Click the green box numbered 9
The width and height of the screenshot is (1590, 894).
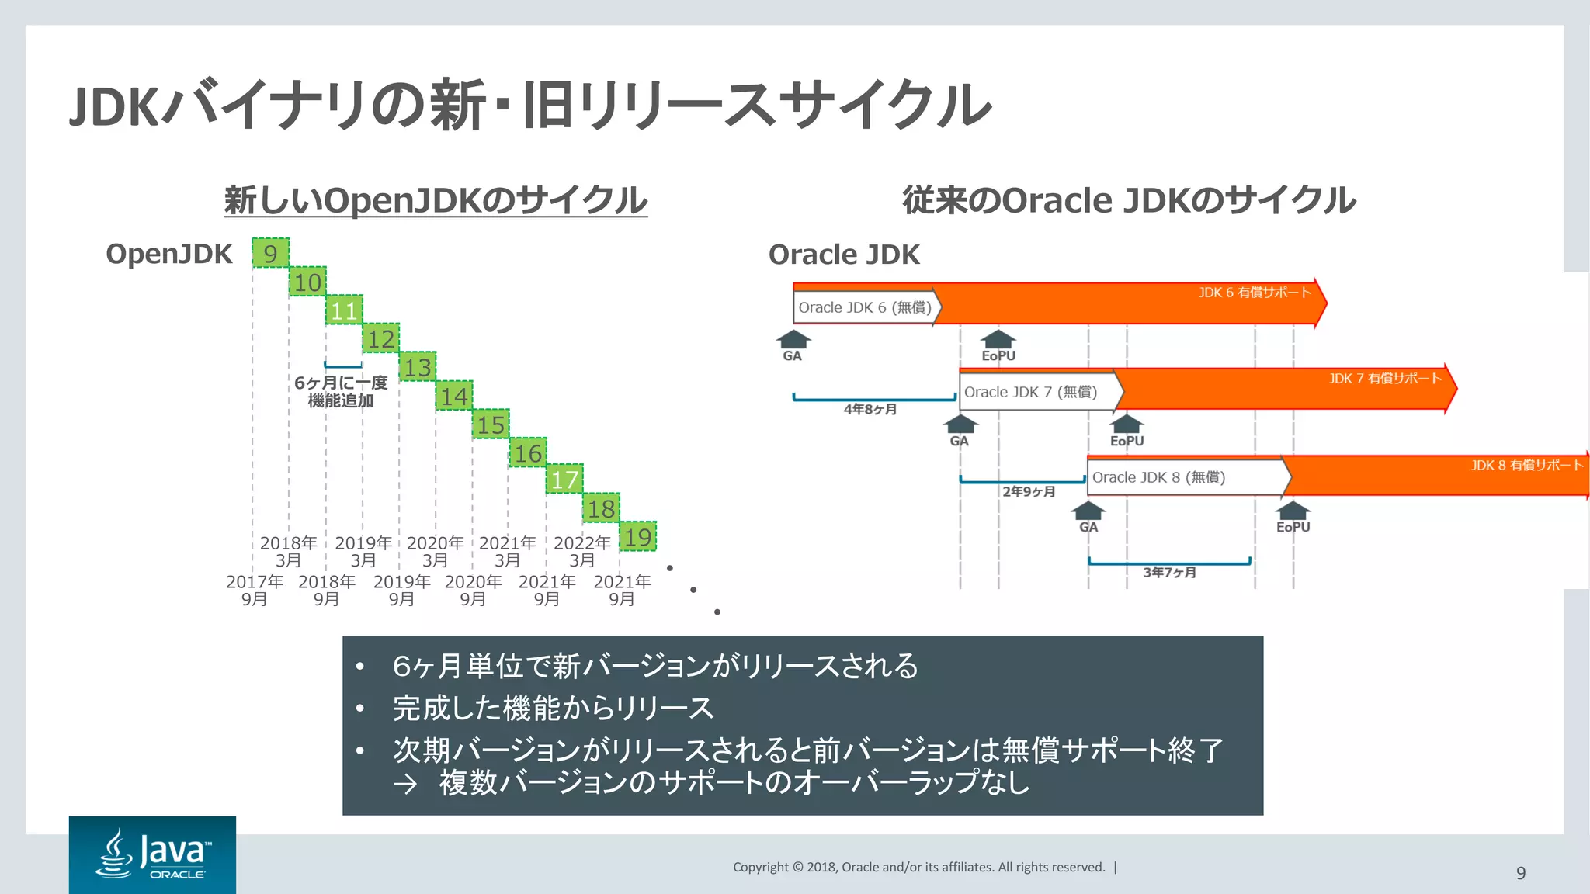click(270, 253)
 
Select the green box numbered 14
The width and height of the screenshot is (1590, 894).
click(454, 396)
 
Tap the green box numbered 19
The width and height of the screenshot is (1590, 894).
click(637, 537)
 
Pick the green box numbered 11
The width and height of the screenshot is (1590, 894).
click(344, 310)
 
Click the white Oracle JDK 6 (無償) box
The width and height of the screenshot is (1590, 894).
click(865, 307)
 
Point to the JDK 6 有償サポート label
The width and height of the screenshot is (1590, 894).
click(1254, 293)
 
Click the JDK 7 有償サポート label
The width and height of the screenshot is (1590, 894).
click(1384, 379)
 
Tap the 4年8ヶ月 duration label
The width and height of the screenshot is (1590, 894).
click(870, 409)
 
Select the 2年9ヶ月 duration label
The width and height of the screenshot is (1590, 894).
click(1029, 491)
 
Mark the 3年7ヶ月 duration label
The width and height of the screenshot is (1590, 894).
click(1169, 573)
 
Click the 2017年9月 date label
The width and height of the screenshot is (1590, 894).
click(254, 590)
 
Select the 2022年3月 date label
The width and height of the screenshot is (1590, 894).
click(581, 551)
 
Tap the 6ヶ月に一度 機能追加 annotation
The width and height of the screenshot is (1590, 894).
click(340, 391)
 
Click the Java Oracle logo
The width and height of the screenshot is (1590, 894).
click(152, 854)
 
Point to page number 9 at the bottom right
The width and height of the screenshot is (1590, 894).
click(1520, 873)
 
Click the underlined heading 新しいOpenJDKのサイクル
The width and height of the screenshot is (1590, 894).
click(436, 200)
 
